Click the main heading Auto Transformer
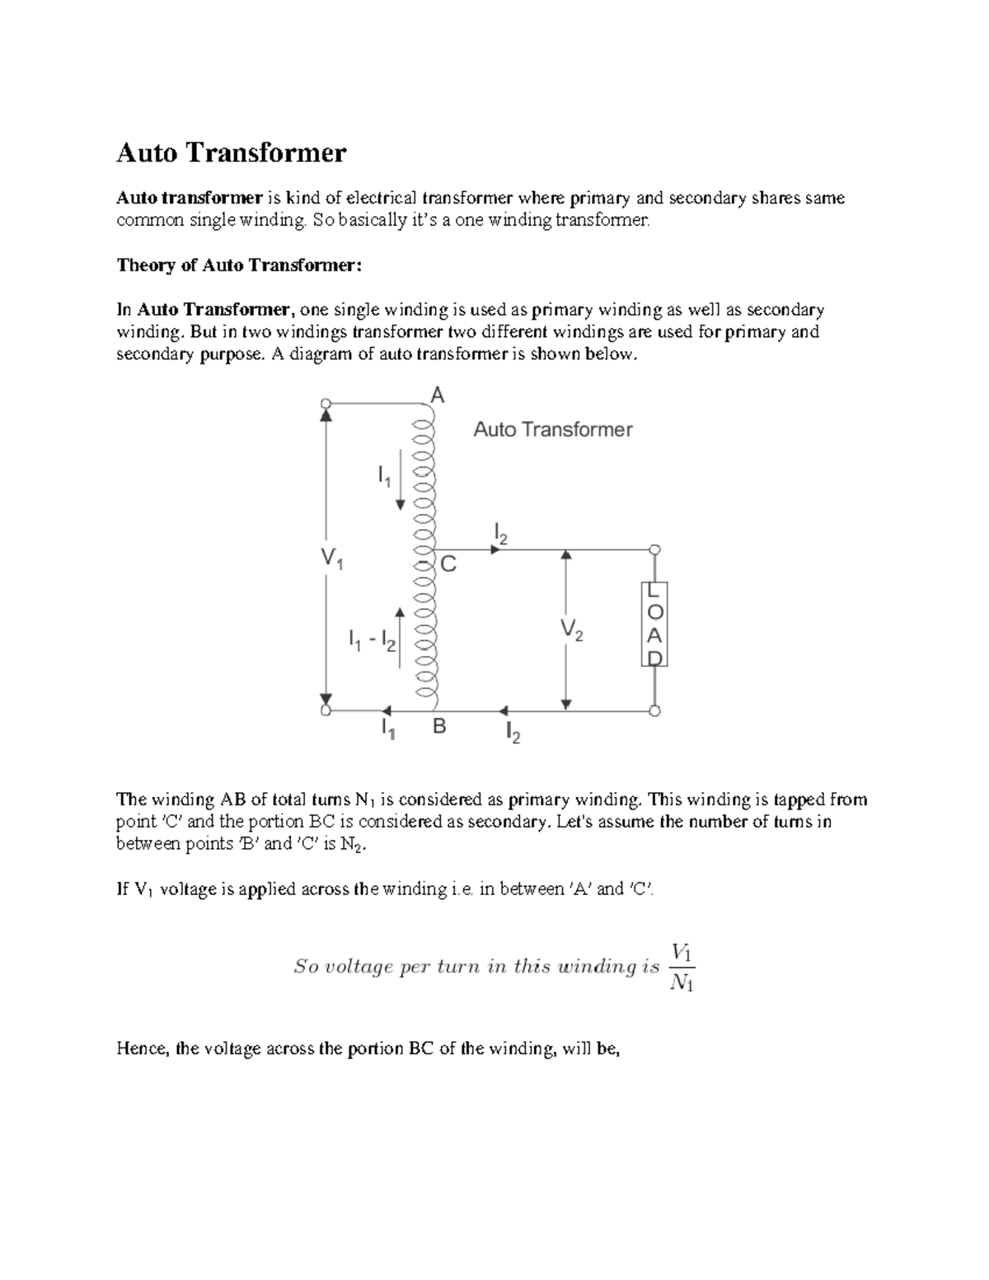point(232,152)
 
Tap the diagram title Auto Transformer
point(552,429)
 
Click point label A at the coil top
point(438,396)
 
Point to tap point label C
point(448,565)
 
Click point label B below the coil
point(439,727)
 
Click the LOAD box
point(654,624)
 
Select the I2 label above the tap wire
point(500,533)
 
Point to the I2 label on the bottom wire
point(513,733)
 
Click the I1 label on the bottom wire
point(387,729)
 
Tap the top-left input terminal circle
point(326,404)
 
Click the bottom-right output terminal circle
point(654,710)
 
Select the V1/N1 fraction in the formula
point(682,967)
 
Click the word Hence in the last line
point(143,1049)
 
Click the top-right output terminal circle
point(654,550)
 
